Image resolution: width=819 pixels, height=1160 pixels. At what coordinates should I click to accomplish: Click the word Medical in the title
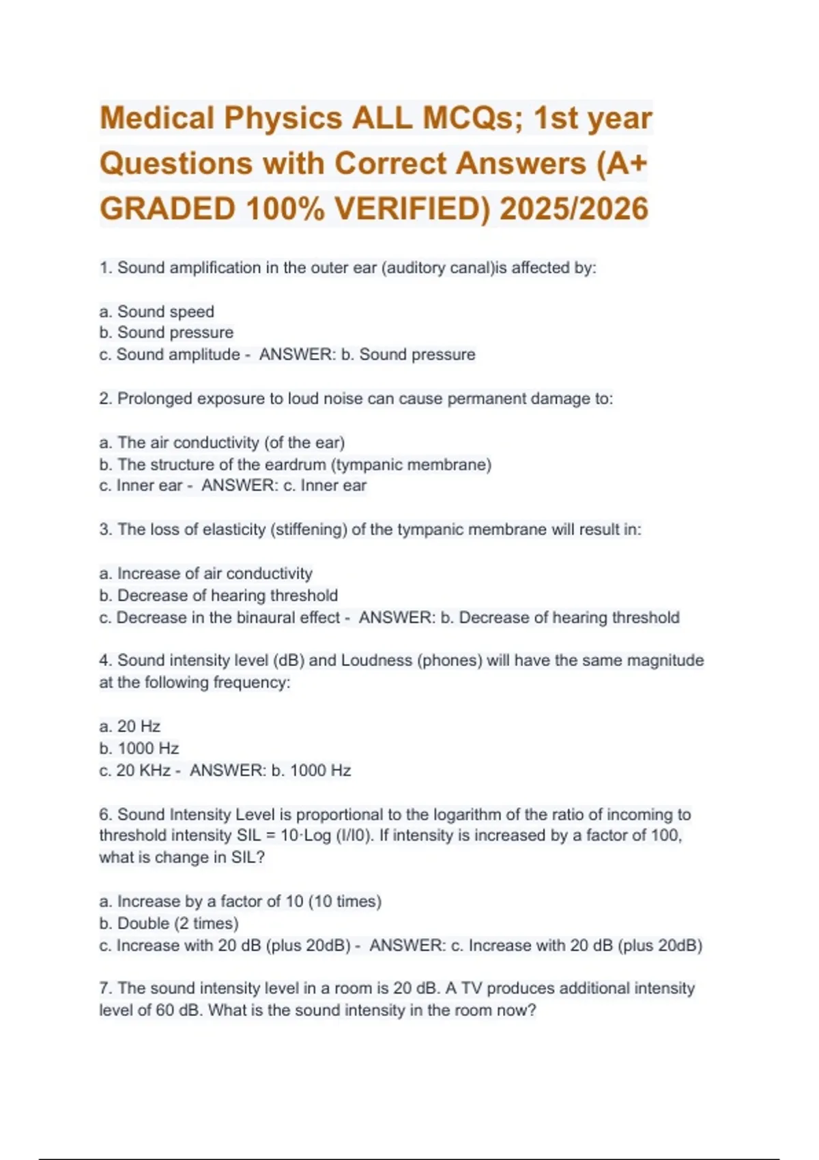[x=157, y=117]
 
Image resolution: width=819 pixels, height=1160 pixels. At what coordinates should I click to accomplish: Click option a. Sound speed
[x=156, y=312]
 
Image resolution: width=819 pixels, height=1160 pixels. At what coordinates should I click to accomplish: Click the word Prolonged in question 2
[x=155, y=398]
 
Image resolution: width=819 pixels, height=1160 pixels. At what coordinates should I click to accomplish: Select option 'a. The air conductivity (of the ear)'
[x=222, y=443]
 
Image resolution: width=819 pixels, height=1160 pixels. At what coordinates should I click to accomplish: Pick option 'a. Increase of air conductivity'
[x=205, y=574]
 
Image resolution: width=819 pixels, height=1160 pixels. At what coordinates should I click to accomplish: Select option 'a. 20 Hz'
[x=130, y=727]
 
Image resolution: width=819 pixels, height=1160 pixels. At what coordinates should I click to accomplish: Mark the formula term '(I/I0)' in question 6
[x=354, y=836]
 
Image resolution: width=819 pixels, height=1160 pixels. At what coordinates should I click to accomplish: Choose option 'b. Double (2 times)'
[x=169, y=923]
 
